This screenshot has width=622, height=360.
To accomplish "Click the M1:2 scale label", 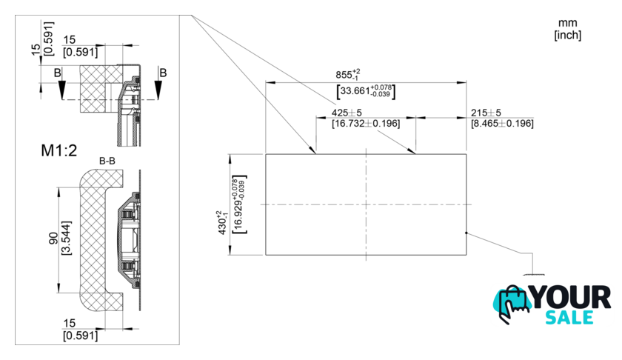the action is pos(59,150).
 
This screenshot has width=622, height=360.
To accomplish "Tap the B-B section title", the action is pos(107,161).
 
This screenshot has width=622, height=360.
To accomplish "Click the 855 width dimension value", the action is pos(348,74).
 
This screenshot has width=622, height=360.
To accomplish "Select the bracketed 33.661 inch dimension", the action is pos(366,91).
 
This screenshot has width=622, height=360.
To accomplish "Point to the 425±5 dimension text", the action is pos(347,113).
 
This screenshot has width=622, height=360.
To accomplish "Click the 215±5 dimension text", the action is pos(486,113).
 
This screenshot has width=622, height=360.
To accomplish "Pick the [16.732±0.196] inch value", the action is pos(366,124).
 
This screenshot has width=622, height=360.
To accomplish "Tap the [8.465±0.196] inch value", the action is pos(502,124).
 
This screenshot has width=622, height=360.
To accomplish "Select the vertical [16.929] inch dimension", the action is pos(240,204).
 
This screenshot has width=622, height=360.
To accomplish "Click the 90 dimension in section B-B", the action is pos(53,238).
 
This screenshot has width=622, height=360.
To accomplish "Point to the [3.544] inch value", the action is pos(67,238).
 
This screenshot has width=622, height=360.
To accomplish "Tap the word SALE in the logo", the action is pos(569,318).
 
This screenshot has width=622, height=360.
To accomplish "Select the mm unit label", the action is pos(568,23).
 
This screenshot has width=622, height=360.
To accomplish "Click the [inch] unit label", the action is pos(568,35).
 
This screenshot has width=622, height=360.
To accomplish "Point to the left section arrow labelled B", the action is pos(61,90).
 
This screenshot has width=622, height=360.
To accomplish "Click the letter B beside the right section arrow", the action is pos(163,73).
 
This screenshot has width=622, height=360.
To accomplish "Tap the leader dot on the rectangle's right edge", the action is pos(466,233).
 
